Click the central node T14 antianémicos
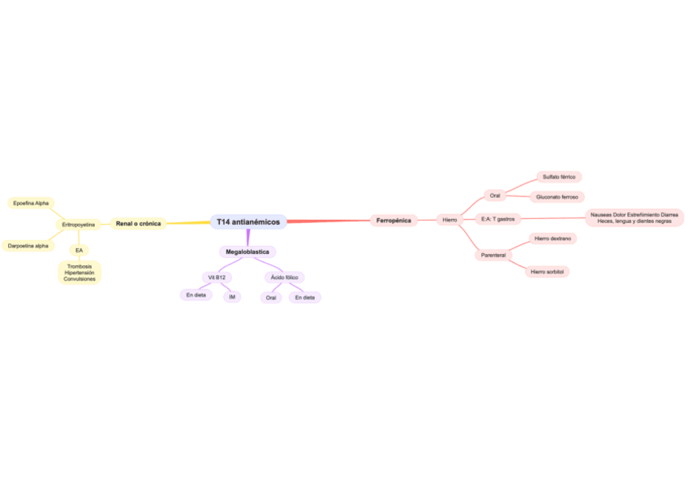click(x=248, y=221)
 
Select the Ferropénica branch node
click(x=393, y=220)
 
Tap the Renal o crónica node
click(x=138, y=223)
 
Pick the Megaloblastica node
click(x=247, y=252)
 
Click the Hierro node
click(x=449, y=220)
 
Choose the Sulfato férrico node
click(x=558, y=176)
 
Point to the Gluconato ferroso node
click(x=557, y=196)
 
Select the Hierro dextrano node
click(x=553, y=239)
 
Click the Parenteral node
click(x=493, y=255)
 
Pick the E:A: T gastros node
click(x=497, y=218)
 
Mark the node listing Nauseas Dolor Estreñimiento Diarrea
click(x=634, y=217)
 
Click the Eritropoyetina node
click(x=79, y=224)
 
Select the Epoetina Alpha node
click(x=31, y=203)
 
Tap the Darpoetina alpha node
click(x=28, y=245)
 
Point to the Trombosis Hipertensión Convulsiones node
click(x=80, y=272)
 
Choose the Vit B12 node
click(x=217, y=277)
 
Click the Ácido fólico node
click(x=284, y=277)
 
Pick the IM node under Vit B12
click(x=232, y=297)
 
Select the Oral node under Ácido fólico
click(x=271, y=298)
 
